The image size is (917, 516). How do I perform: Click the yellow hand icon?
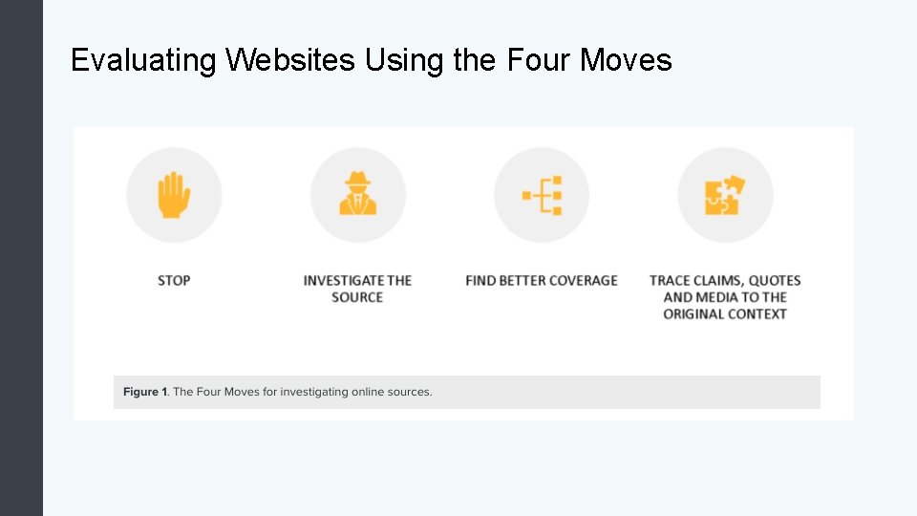click(x=174, y=195)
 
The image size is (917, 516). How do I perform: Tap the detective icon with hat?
click(x=357, y=195)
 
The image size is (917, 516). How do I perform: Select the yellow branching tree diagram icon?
click(x=542, y=195)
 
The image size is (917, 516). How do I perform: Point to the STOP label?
click(x=174, y=280)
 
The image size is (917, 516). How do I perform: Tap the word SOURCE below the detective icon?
click(x=357, y=297)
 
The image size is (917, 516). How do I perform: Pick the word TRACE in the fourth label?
click(x=672, y=280)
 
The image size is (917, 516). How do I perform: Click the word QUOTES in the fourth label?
click(x=775, y=280)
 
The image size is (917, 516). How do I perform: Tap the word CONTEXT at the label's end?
click(x=755, y=313)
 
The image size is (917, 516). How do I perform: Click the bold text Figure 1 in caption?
click(x=145, y=392)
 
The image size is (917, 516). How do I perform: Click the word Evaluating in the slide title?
click(x=144, y=61)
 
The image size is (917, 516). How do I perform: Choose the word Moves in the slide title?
click(x=629, y=61)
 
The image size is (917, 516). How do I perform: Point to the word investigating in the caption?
click(x=313, y=392)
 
